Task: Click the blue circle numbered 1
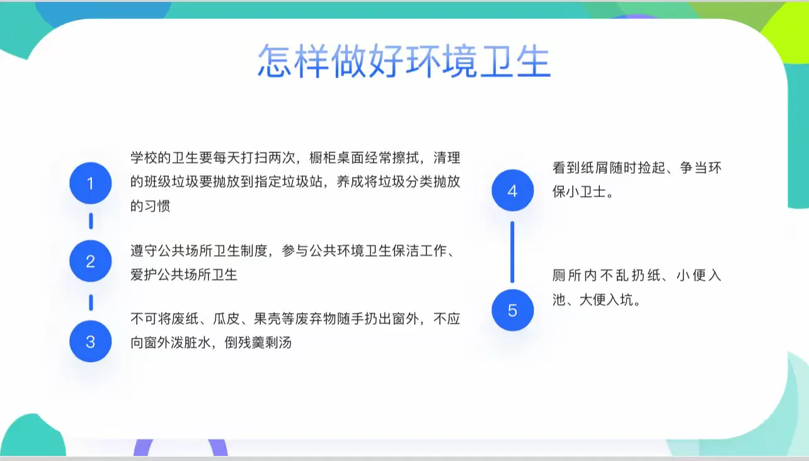(90, 183)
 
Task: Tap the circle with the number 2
(90, 261)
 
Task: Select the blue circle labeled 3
(90, 341)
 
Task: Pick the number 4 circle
(512, 190)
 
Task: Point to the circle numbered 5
(512, 310)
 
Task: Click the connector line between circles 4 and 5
(512, 252)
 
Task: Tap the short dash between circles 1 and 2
(91, 221)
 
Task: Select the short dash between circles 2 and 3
(91, 302)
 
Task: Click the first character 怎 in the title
(275, 60)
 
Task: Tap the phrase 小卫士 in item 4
(586, 191)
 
